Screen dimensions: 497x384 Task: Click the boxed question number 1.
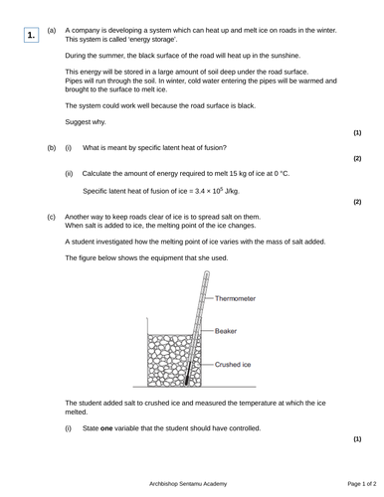(x=32, y=36)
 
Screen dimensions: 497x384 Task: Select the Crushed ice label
(x=236, y=365)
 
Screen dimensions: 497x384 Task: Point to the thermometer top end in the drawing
(x=206, y=274)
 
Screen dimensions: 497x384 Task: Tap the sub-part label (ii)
(x=70, y=173)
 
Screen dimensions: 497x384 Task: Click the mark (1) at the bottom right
(x=357, y=438)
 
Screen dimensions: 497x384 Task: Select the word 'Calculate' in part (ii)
(x=100, y=173)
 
